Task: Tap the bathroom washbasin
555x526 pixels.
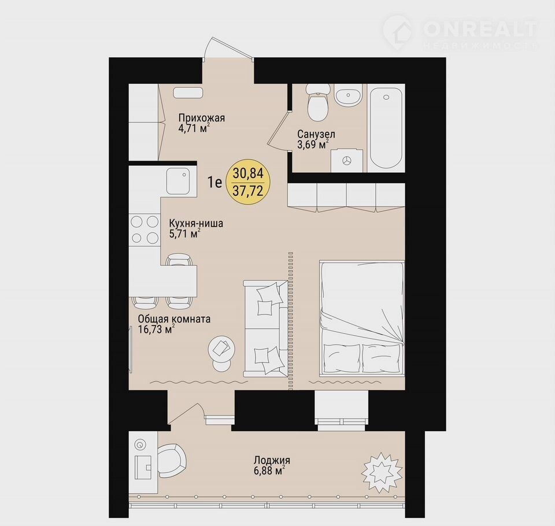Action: (349, 95)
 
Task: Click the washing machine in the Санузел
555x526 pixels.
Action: (347, 161)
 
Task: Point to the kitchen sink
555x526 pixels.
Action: (179, 181)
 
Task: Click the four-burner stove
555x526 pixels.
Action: (145, 230)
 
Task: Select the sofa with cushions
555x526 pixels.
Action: (265, 328)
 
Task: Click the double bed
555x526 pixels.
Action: (362, 317)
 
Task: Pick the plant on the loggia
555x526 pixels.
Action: (381, 472)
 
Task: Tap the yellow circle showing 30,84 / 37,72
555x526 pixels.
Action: (248, 182)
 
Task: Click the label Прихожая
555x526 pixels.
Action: (201, 118)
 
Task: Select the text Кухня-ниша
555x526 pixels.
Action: (196, 224)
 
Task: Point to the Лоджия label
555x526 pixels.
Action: (272, 461)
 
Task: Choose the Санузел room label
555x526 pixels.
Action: (316, 134)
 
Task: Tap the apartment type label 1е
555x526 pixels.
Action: (215, 183)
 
